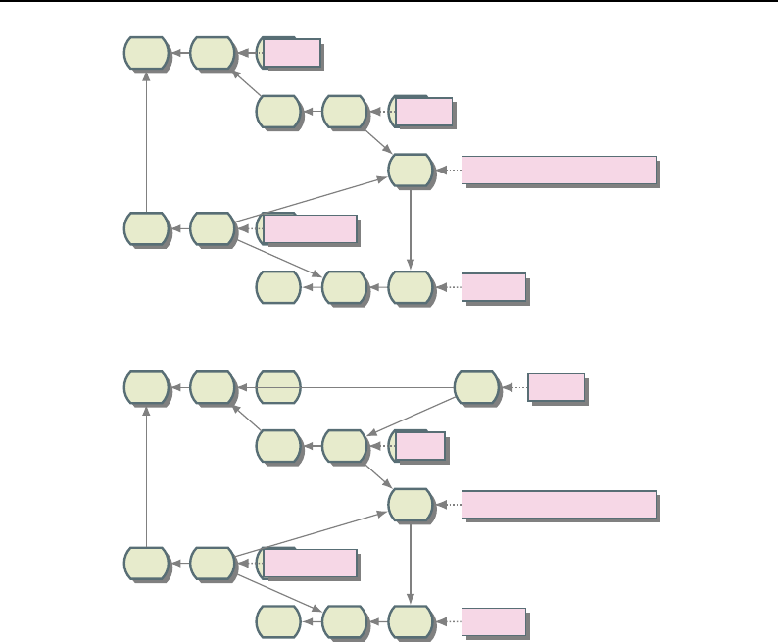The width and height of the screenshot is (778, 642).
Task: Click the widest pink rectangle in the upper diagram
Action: (559, 170)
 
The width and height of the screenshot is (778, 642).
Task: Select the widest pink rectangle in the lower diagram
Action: (559, 504)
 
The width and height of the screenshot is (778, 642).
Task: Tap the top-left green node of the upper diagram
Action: (146, 53)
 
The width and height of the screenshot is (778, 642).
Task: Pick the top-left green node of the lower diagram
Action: (146, 387)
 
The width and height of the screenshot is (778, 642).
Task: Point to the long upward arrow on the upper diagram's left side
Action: (146, 142)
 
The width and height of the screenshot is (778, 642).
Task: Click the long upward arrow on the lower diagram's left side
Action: (146, 476)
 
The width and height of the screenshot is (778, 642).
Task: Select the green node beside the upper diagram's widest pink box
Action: (411, 170)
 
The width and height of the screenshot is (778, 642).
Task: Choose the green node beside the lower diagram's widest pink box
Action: (411, 504)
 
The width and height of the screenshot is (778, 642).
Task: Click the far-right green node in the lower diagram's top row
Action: (477, 387)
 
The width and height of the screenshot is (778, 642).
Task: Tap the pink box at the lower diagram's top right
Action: (556, 387)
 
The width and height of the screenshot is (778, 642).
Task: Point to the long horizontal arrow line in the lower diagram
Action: (372, 387)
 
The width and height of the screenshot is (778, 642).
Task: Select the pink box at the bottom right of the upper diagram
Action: (494, 287)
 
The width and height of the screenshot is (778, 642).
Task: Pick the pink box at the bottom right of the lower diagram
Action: (494, 621)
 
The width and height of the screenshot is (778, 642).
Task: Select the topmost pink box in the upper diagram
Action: (292, 53)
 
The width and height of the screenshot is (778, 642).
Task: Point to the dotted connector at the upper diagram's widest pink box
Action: (448, 170)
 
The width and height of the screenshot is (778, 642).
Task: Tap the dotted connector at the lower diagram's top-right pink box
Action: (514, 387)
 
